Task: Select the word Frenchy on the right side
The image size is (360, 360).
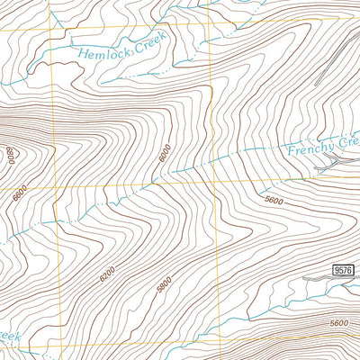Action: pos(310,146)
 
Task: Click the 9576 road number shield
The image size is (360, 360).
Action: pos(342,270)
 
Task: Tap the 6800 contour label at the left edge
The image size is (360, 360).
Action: pos(10,155)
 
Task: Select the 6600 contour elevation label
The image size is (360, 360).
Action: pos(21,192)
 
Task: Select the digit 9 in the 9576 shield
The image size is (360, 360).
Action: pos(335,270)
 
